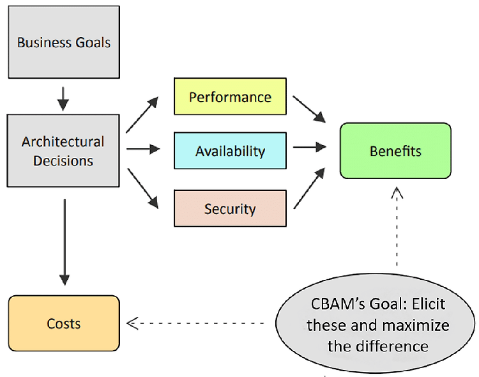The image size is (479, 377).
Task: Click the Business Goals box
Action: (64, 42)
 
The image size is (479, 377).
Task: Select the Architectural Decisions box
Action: (63, 151)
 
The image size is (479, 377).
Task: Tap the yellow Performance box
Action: (230, 96)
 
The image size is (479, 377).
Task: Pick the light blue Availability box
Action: (230, 150)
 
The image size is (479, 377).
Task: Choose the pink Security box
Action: (230, 208)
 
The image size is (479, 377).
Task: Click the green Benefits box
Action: (395, 151)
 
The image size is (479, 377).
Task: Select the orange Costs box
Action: (64, 323)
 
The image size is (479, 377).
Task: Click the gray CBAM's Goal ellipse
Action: (376, 323)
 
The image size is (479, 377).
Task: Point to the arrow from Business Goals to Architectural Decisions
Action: (63, 99)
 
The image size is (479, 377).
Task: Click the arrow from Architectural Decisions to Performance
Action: (142, 114)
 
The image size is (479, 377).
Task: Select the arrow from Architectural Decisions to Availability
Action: (143, 149)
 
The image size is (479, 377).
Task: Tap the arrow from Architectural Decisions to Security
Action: (143, 188)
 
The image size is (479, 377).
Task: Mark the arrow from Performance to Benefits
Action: (309, 109)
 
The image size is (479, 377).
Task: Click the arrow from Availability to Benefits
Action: (310, 147)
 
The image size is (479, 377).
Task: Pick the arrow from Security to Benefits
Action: (309, 188)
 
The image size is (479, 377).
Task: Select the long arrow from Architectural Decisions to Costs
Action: (65, 242)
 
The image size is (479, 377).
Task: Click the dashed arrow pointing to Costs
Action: (195, 323)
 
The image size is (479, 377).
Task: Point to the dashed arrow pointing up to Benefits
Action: (397, 227)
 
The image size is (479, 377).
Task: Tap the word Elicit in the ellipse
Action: (429, 304)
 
